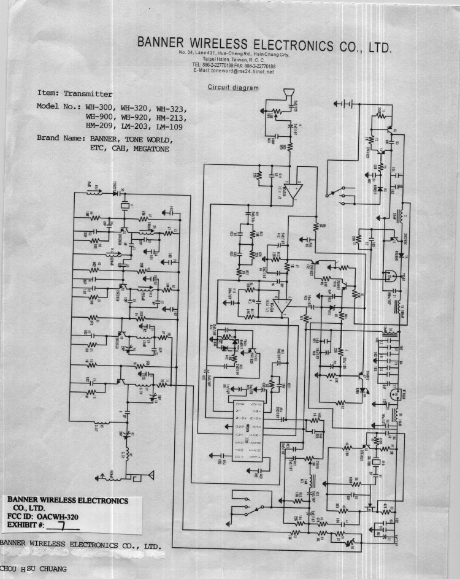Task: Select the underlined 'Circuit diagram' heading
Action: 233,87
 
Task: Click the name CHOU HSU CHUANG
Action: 34,569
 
